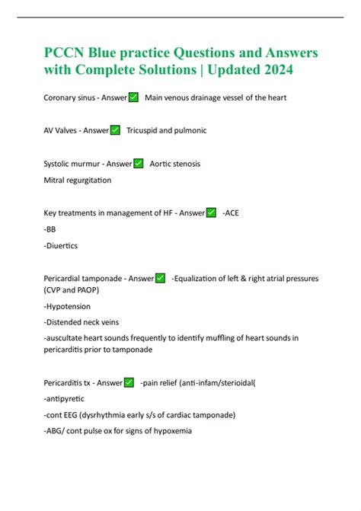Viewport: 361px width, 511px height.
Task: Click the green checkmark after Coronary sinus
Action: click(x=133, y=97)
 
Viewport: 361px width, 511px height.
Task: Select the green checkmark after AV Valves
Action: click(x=116, y=130)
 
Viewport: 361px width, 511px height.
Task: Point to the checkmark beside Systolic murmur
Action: click(x=139, y=163)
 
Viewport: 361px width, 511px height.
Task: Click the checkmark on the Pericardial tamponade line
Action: click(x=161, y=278)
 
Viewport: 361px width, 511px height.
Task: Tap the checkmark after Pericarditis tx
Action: click(x=129, y=382)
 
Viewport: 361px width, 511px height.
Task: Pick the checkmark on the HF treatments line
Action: click(x=211, y=212)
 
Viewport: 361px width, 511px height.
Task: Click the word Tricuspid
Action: click(x=146, y=130)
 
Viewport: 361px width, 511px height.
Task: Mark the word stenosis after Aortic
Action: click(x=186, y=163)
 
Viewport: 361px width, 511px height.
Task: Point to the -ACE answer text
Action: click(x=231, y=212)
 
